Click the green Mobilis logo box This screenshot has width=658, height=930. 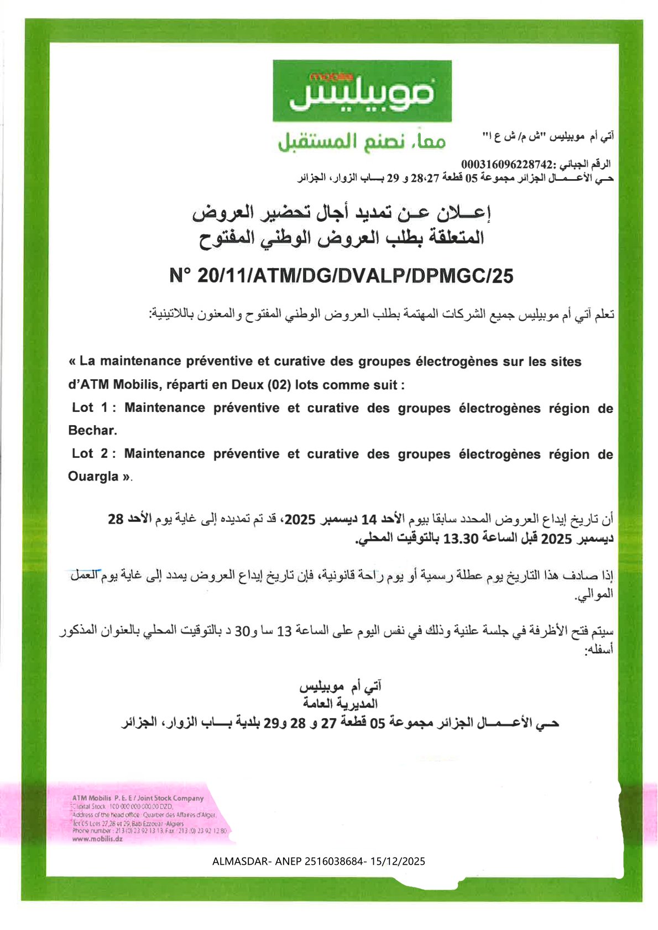click(x=362, y=91)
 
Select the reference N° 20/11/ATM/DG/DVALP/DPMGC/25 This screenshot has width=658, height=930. click(x=341, y=275)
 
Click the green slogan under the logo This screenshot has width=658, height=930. click(x=362, y=142)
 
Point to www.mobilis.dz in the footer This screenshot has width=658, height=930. click(x=97, y=838)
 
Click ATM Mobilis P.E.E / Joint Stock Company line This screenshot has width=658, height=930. click(x=138, y=798)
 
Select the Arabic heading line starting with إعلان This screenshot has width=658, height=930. click(x=341, y=213)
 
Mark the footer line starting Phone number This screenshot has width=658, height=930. click(x=149, y=830)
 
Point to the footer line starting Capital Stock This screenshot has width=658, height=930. click(x=123, y=807)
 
